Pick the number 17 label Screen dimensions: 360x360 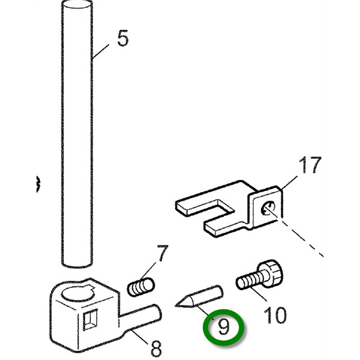tap(310, 166)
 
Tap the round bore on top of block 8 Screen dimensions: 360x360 tap(75, 295)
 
